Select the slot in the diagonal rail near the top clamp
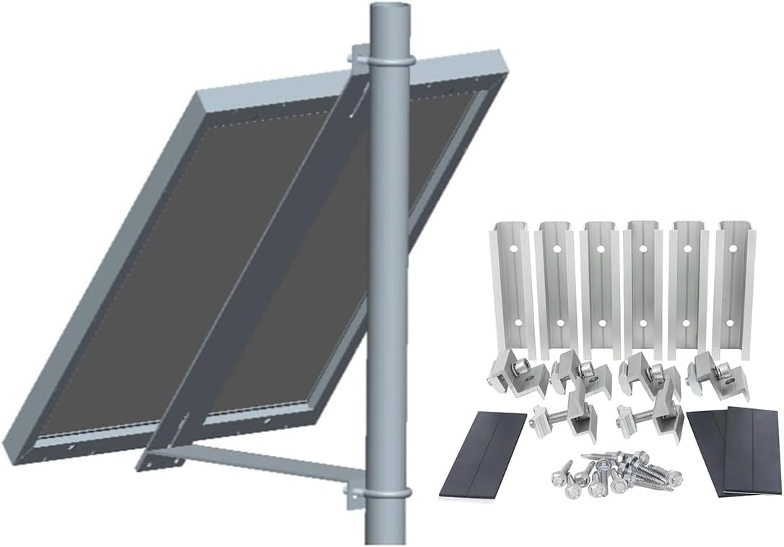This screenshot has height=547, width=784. (357, 105)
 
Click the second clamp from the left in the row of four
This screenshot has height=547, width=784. (578, 372)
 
